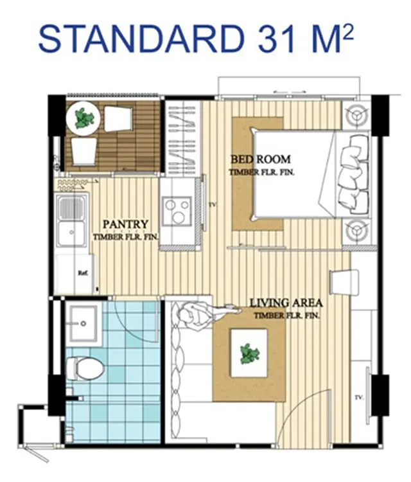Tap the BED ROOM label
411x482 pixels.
click(261, 159)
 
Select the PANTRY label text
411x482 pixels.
click(126, 224)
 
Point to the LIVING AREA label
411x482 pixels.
click(286, 303)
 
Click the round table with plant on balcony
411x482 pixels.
click(83, 118)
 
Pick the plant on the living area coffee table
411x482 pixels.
click(249, 354)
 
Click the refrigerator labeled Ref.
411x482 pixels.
click(76, 273)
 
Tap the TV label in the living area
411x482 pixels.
click(358, 397)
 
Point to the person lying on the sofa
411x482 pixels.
click(209, 314)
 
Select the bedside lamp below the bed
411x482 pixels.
click(356, 231)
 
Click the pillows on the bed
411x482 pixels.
click(353, 173)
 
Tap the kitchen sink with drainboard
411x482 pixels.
click(72, 219)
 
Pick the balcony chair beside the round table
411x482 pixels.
click(119, 118)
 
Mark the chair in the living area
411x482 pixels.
click(344, 283)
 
